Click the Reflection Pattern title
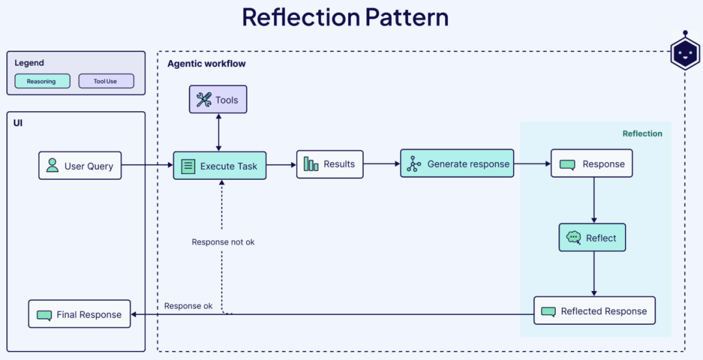click(x=345, y=18)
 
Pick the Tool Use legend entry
click(x=105, y=81)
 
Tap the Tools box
click(x=218, y=100)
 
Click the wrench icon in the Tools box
click(x=204, y=100)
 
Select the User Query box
click(x=80, y=166)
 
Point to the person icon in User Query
click(x=52, y=166)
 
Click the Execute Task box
click(x=219, y=166)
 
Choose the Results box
click(x=329, y=164)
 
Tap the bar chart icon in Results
click(x=311, y=164)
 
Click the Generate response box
click(x=457, y=164)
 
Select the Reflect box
click(x=592, y=238)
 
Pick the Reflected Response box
click(x=594, y=311)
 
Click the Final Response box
click(x=79, y=314)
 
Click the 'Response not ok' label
click(x=223, y=242)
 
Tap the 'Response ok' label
click(x=188, y=306)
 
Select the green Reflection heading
click(x=642, y=133)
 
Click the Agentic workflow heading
click(x=206, y=64)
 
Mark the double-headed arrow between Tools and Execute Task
click(x=218, y=132)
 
